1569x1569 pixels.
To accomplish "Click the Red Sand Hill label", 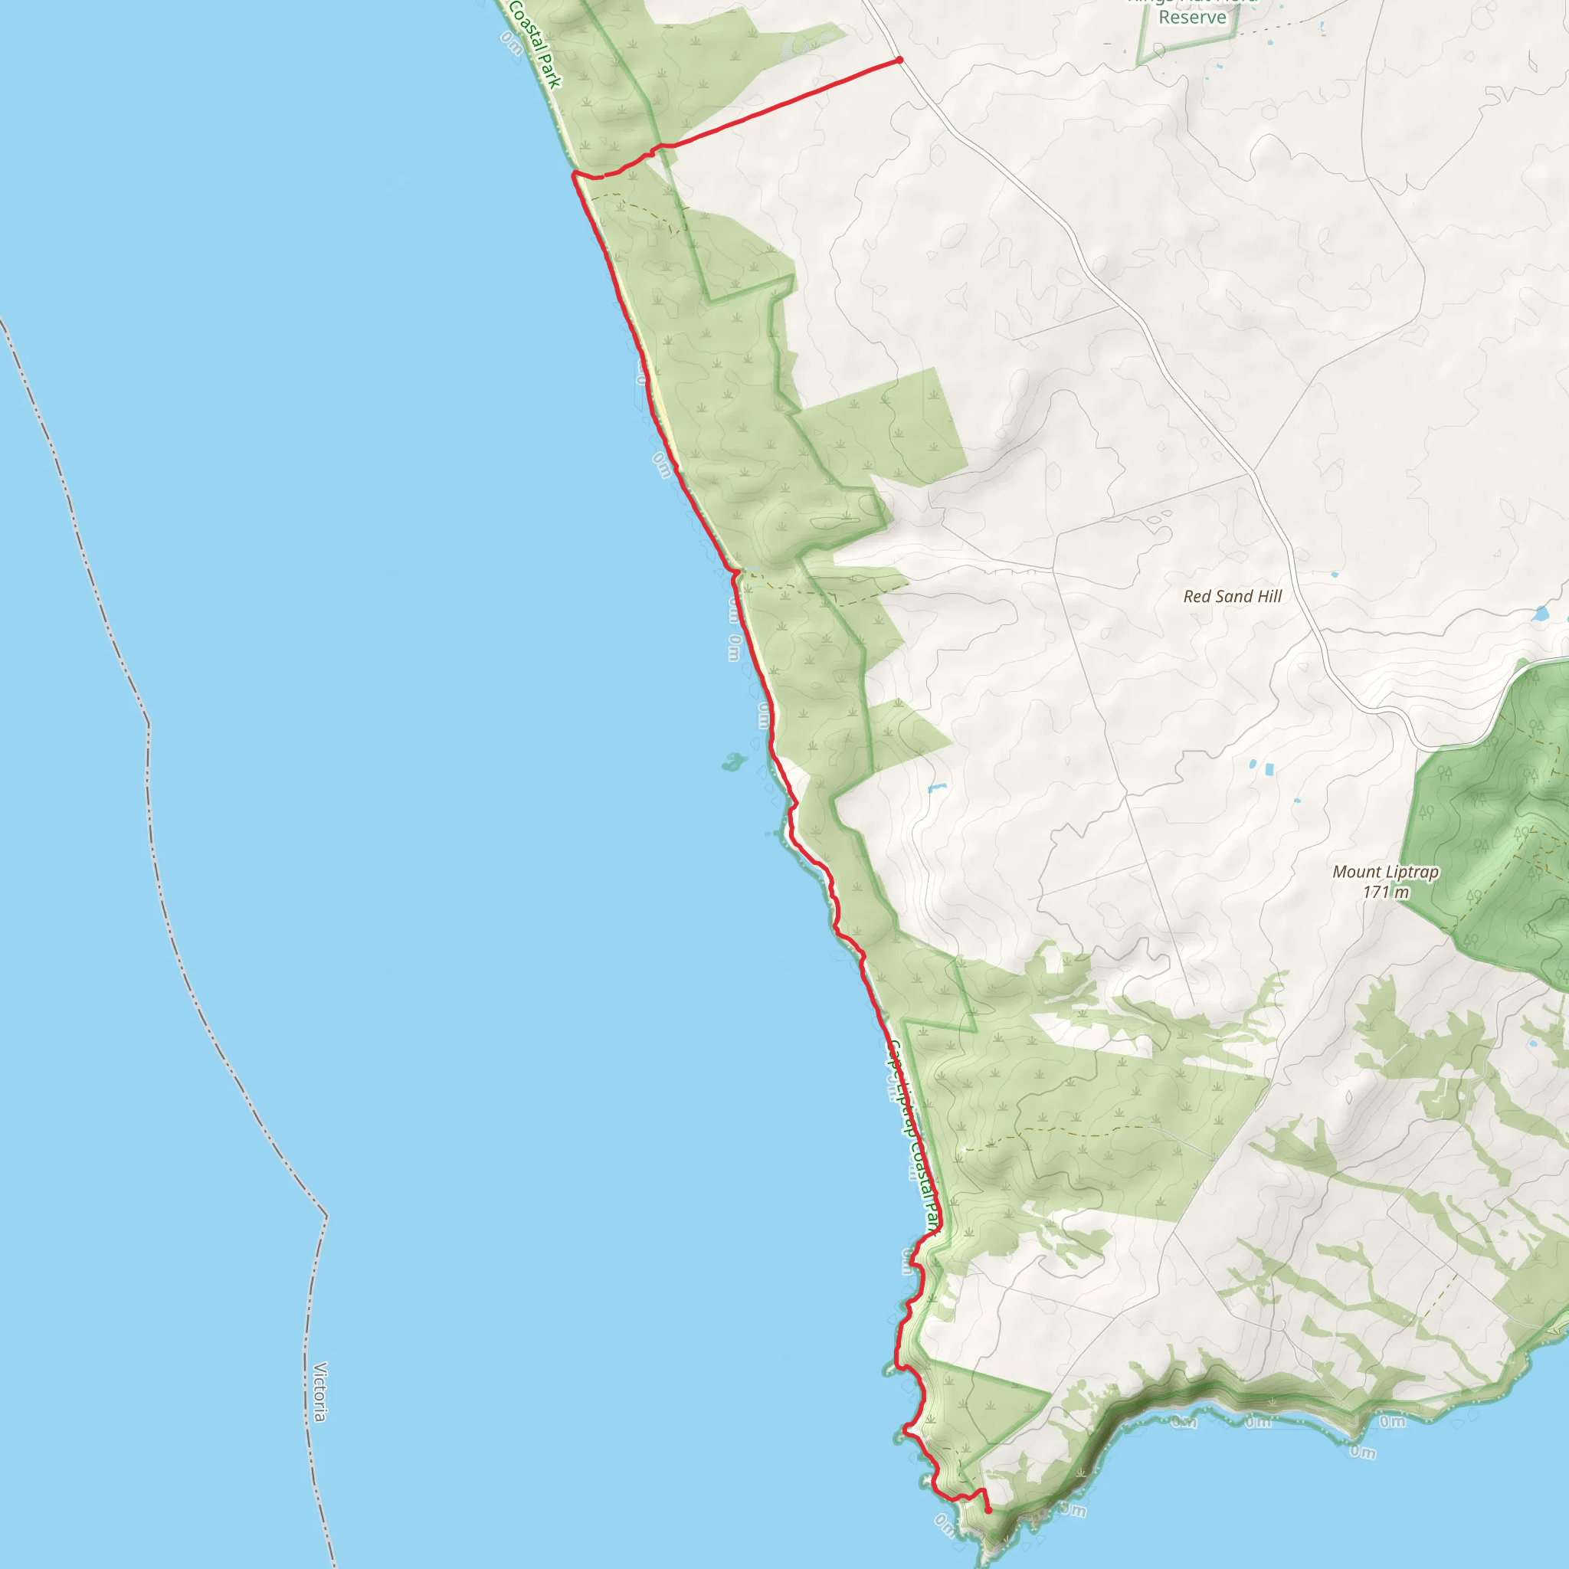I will tap(1232, 596).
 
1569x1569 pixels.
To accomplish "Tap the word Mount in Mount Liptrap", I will tap(1357, 872).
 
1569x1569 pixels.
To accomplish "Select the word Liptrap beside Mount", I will tap(1412, 872).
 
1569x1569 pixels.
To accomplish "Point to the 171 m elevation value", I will tap(1385, 892).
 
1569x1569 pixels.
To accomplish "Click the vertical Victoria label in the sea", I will tap(320, 1392).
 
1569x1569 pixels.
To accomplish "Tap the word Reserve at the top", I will tap(1192, 17).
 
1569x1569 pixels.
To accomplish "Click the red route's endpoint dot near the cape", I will tap(988, 1511).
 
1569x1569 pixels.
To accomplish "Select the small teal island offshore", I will tap(733, 762).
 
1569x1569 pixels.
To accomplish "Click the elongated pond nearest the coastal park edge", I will tap(936, 788).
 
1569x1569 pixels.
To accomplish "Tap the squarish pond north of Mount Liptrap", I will tap(1269, 768).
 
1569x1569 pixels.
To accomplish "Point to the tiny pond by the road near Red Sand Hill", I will tap(1335, 575).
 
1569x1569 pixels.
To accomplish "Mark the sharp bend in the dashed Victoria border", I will tap(326, 1217).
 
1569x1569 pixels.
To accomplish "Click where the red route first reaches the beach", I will tap(575, 173).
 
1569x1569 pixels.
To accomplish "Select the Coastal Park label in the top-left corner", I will tap(536, 44).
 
